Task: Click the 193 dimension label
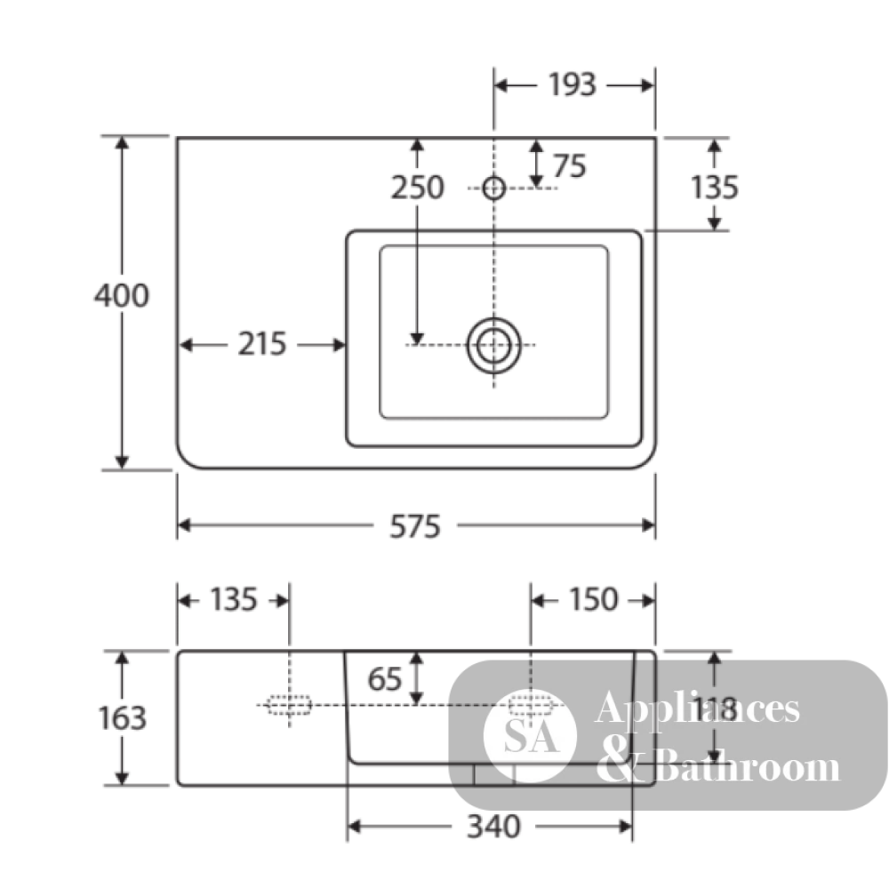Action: (x=572, y=85)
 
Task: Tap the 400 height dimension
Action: (x=121, y=295)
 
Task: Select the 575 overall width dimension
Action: (x=415, y=526)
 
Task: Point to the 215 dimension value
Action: (x=262, y=344)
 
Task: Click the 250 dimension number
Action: (x=417, y=188)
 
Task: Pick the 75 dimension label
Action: (x=570, y=166)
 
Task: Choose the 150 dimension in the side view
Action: (x=593, y=600)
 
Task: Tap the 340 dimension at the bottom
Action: (x=493, y=827)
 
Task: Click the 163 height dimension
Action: (x=123, y=717)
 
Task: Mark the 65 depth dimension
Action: (x=385, y=678)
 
